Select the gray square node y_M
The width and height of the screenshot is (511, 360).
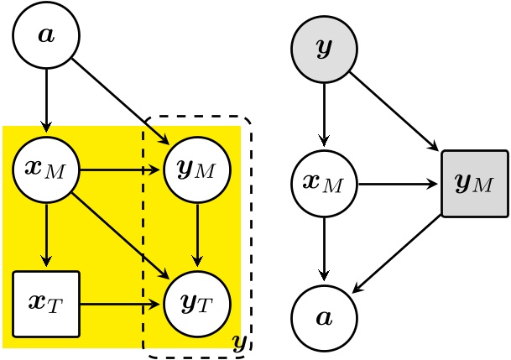475,184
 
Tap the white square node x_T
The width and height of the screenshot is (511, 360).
46,303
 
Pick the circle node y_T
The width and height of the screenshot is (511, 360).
197,303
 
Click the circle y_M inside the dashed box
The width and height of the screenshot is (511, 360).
197,171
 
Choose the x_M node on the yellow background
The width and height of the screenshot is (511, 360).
46,171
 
